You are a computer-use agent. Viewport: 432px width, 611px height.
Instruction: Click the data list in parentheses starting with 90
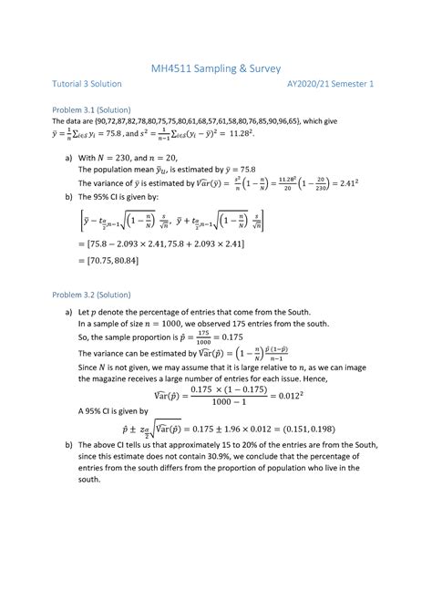pyautogui.click(x=210, y=120)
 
